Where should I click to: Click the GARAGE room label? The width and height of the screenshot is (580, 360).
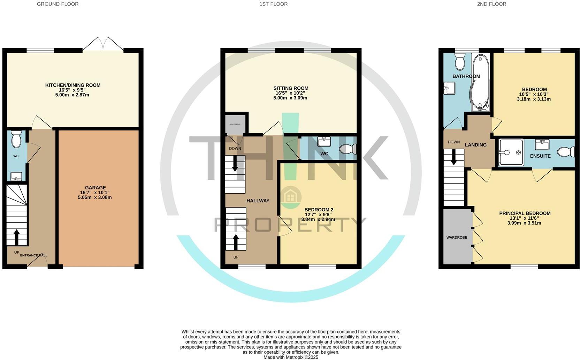tap(95, 188)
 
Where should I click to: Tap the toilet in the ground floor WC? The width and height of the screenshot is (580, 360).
tap(16, 140)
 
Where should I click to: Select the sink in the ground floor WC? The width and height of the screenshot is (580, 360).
tap(16, 176)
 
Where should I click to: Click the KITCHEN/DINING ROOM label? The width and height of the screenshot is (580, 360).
tap(72, 85)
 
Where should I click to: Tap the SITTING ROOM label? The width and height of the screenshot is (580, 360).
tap(291, 88)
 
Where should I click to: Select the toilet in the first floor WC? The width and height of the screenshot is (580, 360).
tap(348, 149)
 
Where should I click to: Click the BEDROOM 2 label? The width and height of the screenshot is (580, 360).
tap(319, 210)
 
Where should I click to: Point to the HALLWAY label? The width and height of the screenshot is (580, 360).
tap(258, 201)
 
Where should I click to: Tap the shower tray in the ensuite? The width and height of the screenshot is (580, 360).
tap(511, 152)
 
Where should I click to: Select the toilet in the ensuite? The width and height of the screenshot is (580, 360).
tap(566, 152)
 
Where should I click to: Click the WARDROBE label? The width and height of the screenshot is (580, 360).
tap(457, 238)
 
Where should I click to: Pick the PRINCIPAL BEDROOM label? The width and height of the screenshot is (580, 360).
tap(525, 213)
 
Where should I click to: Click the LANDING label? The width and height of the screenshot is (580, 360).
tap(475, 145)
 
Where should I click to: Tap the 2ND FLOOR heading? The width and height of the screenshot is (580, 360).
tap(491, 4)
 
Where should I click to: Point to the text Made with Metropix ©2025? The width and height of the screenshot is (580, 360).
tap(291, 357)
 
